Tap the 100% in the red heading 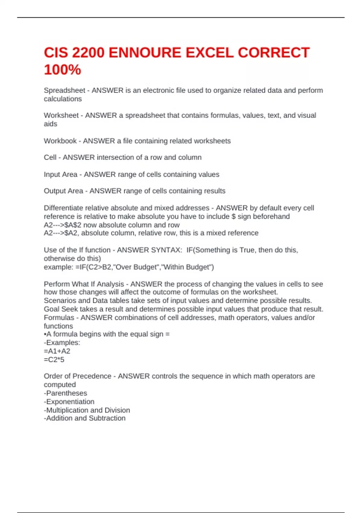pos(62,70)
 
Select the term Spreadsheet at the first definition pos(64,90)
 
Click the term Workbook pos(60,141)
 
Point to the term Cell pos(50,157)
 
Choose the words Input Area pos(60,174)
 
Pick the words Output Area pos(63,191)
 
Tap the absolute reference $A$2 pos(73,225)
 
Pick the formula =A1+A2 pos(57,351)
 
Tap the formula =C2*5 pos(54,359)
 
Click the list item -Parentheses pos(65,393)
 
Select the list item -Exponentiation pos(69,402)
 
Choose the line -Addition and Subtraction pos(85,418)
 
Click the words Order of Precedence pos(78,376)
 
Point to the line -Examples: pos(62,343)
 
